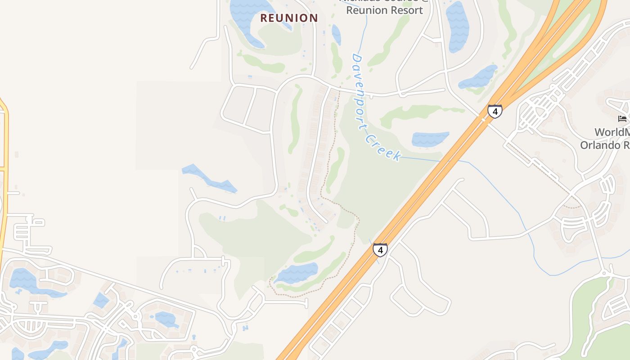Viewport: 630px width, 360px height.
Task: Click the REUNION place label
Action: coord(289,18)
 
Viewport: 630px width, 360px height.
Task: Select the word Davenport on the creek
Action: coord(360,85)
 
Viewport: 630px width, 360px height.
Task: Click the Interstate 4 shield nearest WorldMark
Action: coord(495,111)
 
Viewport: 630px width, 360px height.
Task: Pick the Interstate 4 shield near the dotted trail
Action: coord(380,250)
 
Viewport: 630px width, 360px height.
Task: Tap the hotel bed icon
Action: coord(622,119)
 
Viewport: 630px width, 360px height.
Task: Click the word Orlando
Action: coord(598,145)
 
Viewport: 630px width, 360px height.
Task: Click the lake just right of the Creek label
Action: coord(430,139)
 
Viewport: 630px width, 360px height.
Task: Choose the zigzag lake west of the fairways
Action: coord(209,179)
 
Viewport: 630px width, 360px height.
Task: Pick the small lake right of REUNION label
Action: coord(336,34)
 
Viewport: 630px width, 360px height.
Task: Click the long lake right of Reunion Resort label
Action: coord(457,26)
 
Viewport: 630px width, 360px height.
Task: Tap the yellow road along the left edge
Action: coord(4,180)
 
